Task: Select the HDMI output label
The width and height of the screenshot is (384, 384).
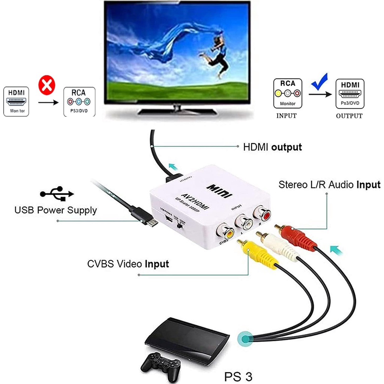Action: coord(273,147)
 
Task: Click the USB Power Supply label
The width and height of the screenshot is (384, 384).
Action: coord(55,210)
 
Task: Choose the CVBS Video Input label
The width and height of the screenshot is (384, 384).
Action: coord(128,264)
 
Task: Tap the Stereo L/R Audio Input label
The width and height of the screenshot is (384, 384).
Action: coord(329,184)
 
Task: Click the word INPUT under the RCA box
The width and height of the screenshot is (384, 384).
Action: coord(286,115)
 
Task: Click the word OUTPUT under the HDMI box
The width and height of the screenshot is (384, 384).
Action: coord(349,115)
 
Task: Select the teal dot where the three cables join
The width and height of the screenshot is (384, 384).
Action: coord(246,339)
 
